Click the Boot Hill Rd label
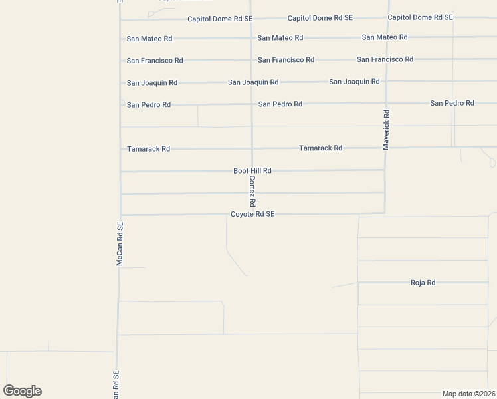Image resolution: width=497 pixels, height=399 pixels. pyautogui.click(x=252, y=171)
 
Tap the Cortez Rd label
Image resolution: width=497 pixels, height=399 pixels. pyautogui.click(x=252, y=190)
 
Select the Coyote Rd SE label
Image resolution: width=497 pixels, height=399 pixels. pyautogui.click(x=252, y=214)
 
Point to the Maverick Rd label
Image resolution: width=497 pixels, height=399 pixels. pyautogui.click(x=386, y=130)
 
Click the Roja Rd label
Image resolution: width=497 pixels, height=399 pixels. pyautogui.click(x=423, y=283)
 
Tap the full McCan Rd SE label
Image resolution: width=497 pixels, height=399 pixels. pyautogui.click(x=120, y=244)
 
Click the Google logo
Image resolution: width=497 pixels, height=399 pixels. pyautogui.click(x=22, y=391)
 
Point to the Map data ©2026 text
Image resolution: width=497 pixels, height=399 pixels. pyautogui.click(x=468, y=394)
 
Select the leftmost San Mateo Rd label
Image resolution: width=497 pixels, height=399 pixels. pyautogui.click(x=149, y=39)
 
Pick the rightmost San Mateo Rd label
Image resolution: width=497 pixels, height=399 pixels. pyautogui.click(x=385, y=37)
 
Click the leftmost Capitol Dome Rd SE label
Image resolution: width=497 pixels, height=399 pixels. pyautogui.click(x=219, y=19)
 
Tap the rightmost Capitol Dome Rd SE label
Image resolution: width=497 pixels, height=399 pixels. pyautogui.click(x=420, y=17)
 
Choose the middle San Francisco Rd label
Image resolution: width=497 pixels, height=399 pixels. pyautogui.click(x=286, y=60)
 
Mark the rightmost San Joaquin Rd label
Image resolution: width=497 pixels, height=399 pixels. pyautogui.click(x=354, y=82)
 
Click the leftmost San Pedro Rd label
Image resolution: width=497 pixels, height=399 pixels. pyautogui.click(x=149, y=105)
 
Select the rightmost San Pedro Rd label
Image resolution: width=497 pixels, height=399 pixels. pyautogui.click(x=452, y=103)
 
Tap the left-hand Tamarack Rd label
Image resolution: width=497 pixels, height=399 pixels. pyautogui.click(x=148, y=149)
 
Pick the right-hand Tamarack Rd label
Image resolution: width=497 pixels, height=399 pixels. pyautogui.click(x=320, y=148)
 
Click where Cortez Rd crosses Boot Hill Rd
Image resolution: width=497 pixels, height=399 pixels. pyautogui.click(x=252, y=170)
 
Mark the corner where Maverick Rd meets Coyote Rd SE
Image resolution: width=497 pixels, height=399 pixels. pyautogui.click(x=385, y=213)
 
